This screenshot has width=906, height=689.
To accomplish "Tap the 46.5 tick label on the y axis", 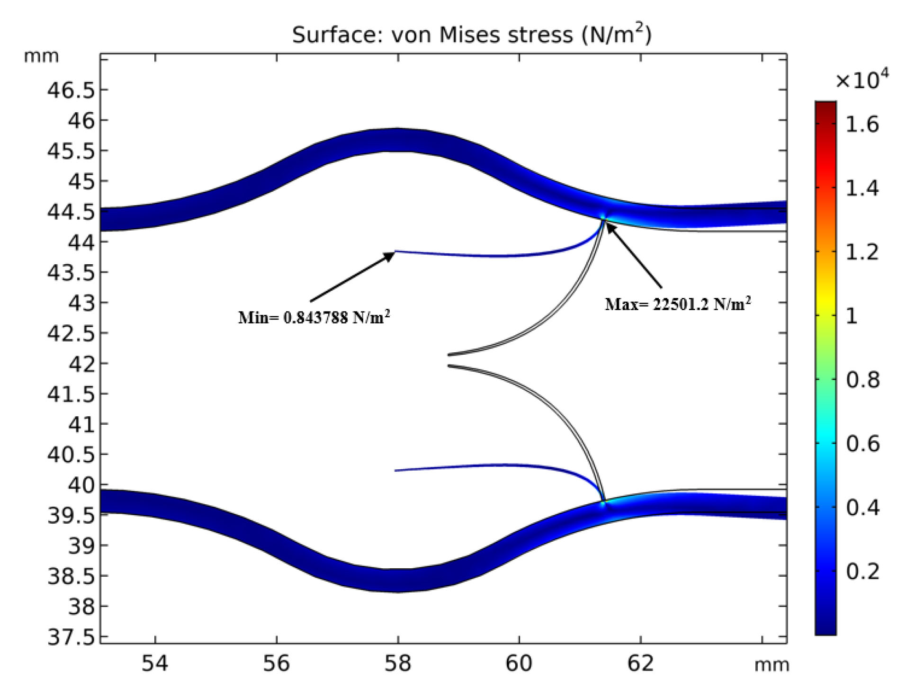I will [71, 90].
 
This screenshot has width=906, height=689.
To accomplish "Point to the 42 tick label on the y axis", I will [81, 364].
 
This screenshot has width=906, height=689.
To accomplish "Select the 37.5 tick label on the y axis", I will [71, 637].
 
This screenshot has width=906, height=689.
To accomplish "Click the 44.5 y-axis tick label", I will [71, 212].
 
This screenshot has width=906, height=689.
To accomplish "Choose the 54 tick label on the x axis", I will [155, 663].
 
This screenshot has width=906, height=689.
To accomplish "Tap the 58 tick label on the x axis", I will [398, 663].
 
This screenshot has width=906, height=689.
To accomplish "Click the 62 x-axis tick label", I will [640, 663].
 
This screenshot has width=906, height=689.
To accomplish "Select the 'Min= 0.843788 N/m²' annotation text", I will [314, 317].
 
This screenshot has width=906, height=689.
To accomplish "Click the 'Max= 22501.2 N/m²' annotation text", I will [678, 304].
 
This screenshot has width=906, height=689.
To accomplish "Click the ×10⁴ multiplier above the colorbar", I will [861, 80].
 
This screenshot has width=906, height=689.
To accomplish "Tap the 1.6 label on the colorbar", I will [862, 125].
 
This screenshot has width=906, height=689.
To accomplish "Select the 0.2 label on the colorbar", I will [862, 572].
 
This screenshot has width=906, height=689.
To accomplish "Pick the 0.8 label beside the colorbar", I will [862, 380].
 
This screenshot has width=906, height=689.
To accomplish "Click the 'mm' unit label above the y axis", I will [41, 56].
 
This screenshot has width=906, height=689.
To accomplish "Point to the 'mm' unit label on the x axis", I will [771, 665].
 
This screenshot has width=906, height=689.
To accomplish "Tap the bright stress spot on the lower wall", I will [603, 504].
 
